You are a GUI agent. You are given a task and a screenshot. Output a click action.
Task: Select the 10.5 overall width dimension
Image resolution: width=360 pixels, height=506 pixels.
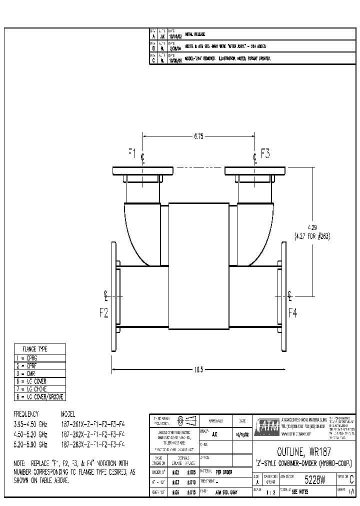pyautogui.click(x=198, y=370)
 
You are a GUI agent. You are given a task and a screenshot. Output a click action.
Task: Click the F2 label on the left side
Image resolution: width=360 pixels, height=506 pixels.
pyautogui.click(x=104, y=313)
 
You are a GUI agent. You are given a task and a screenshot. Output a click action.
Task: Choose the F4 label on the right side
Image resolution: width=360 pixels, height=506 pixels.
pyautogui.click(x=293, y=313)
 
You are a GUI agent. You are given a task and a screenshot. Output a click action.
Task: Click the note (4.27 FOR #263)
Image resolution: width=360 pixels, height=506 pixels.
pyautogui.click(x=312, y=235)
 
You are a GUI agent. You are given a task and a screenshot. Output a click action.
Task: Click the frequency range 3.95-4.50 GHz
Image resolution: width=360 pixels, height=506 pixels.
pyautogui.click(x=30, y=422)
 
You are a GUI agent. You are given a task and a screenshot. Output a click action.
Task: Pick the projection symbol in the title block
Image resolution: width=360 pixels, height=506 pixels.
pyautogui.click(x=186, y=420)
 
